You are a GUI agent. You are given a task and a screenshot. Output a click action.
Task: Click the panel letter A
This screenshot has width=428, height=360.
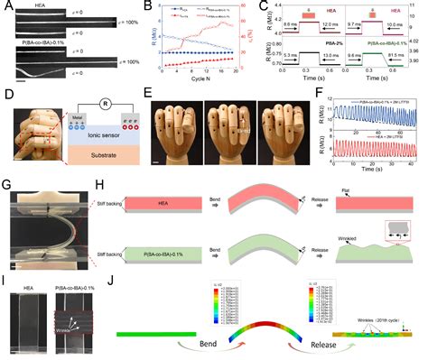(x=6, y=6)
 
